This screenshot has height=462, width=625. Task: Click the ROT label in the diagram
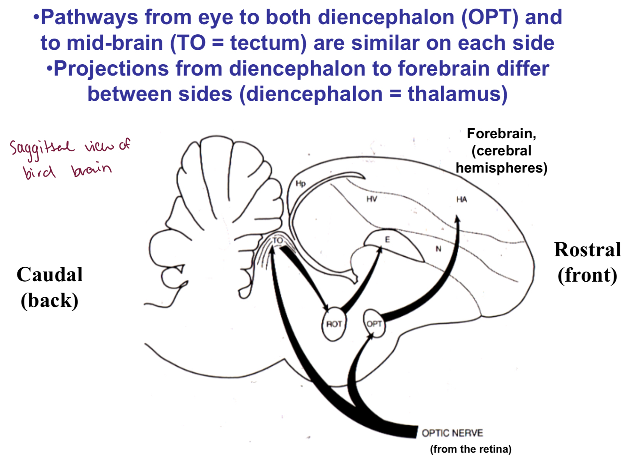334,324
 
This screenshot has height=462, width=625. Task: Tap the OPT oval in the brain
374,323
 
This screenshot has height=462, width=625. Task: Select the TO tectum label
278,240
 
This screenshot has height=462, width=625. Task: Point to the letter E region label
387,240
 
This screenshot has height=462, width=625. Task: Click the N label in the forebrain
438,249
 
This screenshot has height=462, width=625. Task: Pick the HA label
461,199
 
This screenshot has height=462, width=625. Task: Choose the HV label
371,199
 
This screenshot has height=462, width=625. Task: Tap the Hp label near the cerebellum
301,183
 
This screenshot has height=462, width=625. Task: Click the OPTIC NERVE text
452,433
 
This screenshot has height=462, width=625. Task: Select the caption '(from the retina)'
470,449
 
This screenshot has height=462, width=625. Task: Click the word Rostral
587,250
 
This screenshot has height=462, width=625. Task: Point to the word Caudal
49,275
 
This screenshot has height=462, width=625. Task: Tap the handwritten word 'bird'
39,171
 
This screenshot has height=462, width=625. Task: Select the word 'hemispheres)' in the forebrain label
502,168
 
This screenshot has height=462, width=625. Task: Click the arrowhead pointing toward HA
458,219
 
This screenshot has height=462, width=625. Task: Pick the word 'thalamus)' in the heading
458,94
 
